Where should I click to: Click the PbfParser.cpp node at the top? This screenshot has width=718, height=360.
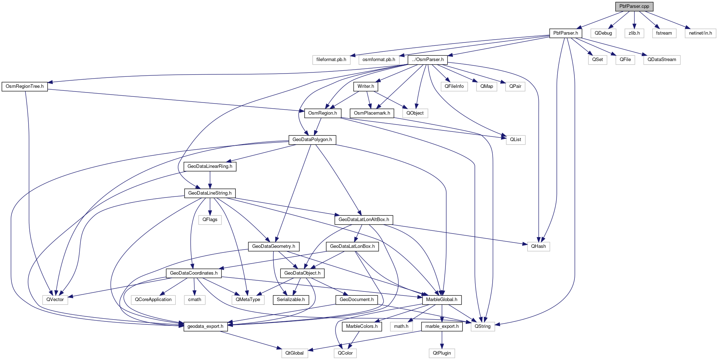(x=634, y=6)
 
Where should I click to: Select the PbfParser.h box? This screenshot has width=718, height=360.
(x=565, y=33)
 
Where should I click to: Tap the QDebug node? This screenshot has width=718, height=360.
(x=603, y=33)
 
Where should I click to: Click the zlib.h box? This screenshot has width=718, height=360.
(x=634, y=33)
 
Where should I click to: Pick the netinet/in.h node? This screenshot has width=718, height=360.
(x=700, y=33)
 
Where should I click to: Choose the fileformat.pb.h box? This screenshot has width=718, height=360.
(x=331, y=60)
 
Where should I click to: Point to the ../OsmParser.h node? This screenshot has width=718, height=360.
(x=428, y=60)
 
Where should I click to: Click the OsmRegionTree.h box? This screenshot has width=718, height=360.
(x=25, y=86)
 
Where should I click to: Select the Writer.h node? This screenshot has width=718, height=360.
(x=366, y=86)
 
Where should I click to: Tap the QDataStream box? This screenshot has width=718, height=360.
(x=662, y=60)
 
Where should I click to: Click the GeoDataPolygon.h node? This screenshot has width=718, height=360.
(x=312, y=140)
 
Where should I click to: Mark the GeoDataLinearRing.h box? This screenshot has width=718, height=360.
(x=210, y=166)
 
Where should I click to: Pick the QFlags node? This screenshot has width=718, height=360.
(x=210, y=220)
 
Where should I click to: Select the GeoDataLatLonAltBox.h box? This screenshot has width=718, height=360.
(x=364, y=220)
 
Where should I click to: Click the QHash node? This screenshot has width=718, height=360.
(x=538, y=246)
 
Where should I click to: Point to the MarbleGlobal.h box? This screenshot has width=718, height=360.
(x=442, y=300)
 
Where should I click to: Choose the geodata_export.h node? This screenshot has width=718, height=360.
(x=205, y=326)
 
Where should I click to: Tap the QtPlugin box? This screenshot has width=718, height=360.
(x=442, y=353)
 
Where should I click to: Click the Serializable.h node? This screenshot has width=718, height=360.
(x=291, y=300)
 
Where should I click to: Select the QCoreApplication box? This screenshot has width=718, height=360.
(x=153, y=300)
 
